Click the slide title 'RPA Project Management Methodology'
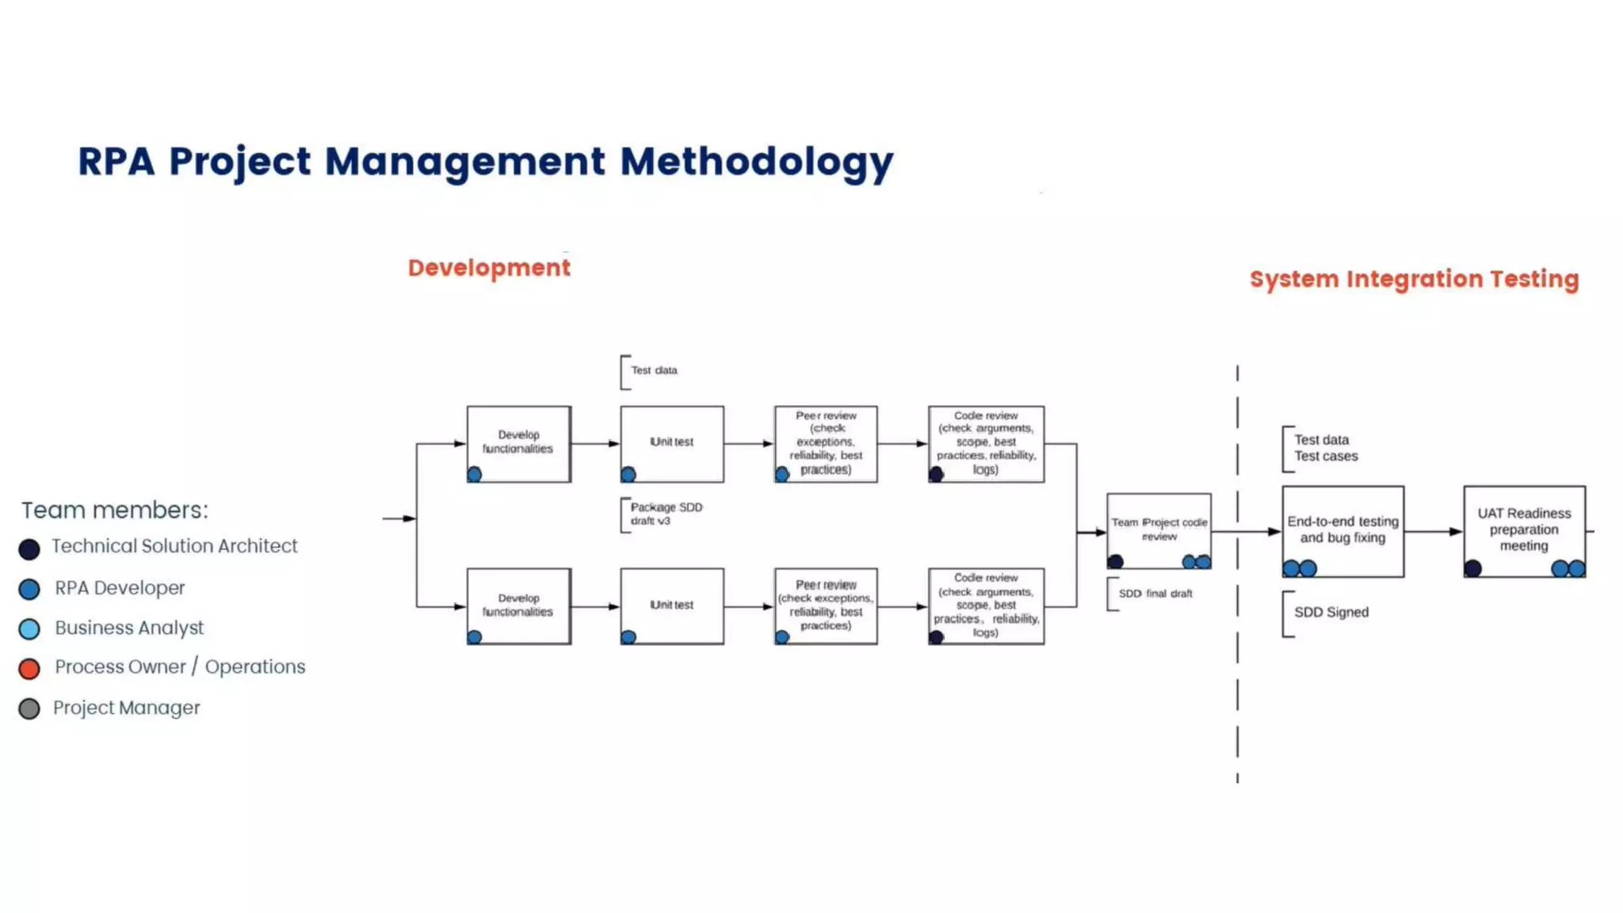coord(485,162)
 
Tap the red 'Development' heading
coord(489,268)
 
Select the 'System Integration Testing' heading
coord(1414,279)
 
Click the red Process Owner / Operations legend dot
coord(29,669)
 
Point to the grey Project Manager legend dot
coord(29,709)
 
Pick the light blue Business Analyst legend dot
coord(29,629)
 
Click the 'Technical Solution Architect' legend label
coord(174,546)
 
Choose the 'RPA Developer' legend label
coord(120,588)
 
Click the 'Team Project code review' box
coord(1159,529)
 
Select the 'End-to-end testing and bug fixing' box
coord(1342,529)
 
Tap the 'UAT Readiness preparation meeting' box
coord(1523,529)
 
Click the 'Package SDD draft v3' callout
coord(666,514)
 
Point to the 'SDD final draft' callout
coord(1155,594)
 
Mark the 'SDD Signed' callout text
coord(1331,613)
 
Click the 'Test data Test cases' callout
coord(1325,448)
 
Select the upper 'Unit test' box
coord(672,442)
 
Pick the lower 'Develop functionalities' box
coord(518,605)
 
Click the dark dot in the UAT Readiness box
coord(1472,568)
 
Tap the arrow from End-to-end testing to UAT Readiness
coord(1433,531)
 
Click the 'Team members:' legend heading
coord(115,510)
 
